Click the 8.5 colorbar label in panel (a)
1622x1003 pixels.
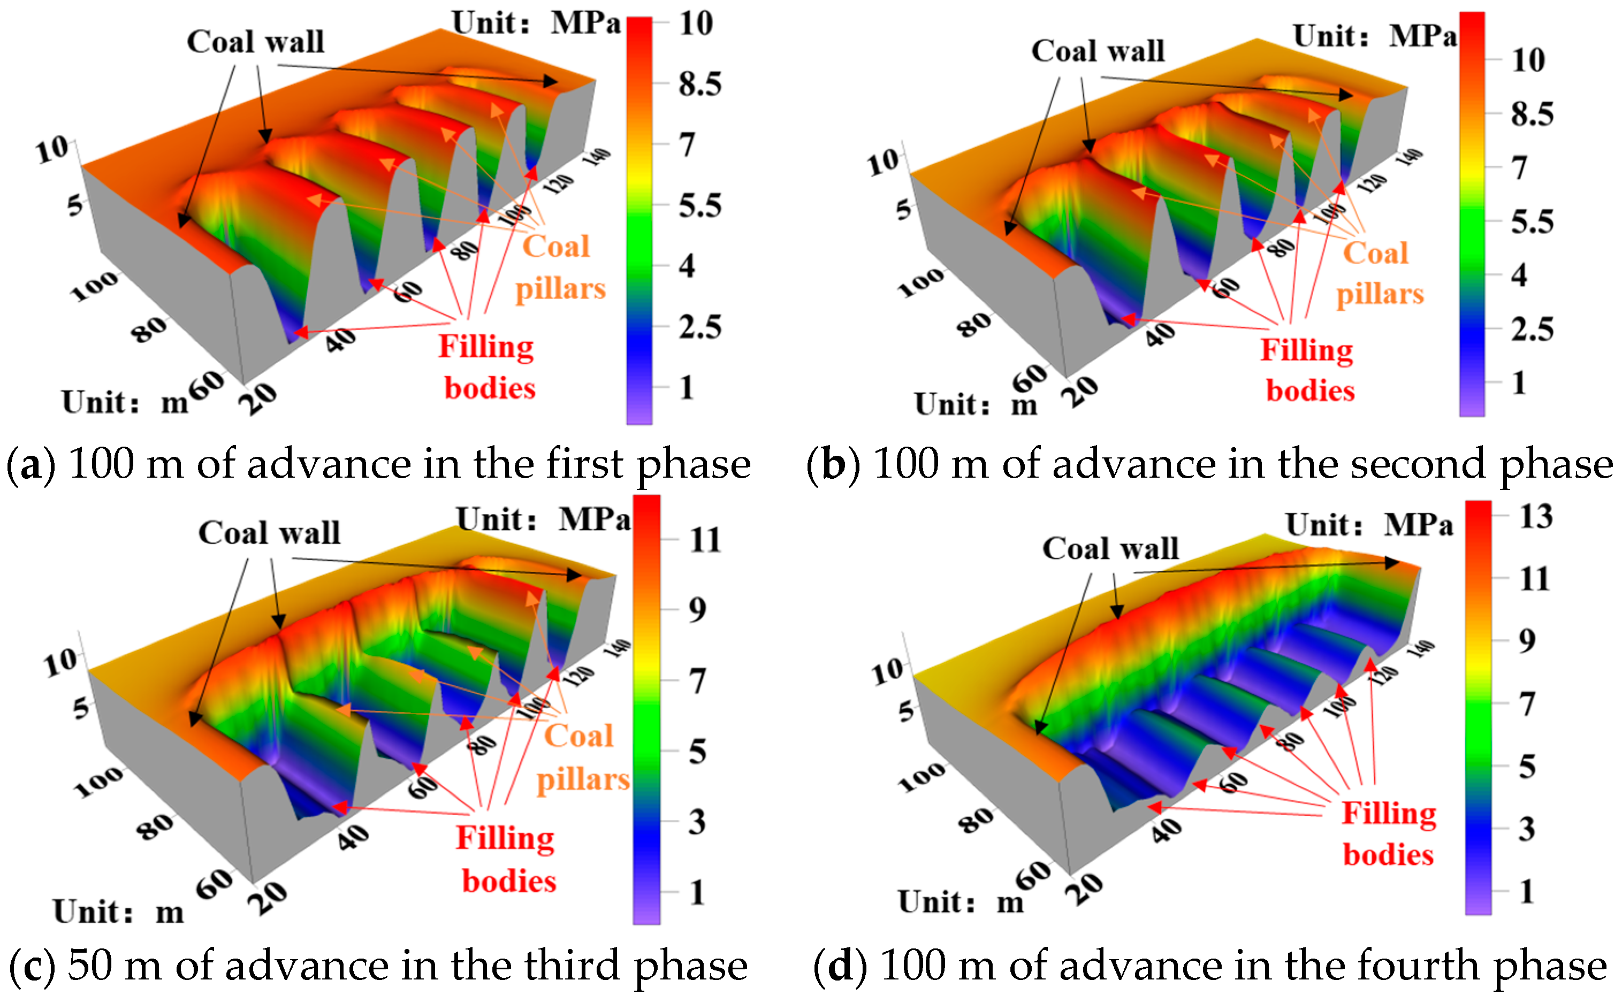[700, 84]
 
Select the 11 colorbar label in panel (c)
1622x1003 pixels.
[705, 539]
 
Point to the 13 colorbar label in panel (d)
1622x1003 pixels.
[1536, 517]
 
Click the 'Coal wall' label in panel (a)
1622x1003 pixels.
[255, 42]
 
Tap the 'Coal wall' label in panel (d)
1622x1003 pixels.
[1110, 549]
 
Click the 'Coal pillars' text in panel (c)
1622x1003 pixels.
[582, 757]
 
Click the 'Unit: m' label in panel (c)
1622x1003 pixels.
[118, 912]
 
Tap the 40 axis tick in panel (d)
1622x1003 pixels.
[1166, 830]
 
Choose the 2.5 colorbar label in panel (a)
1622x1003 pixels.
[700, 327]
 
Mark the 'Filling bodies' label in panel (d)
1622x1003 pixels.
[1389, 834]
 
